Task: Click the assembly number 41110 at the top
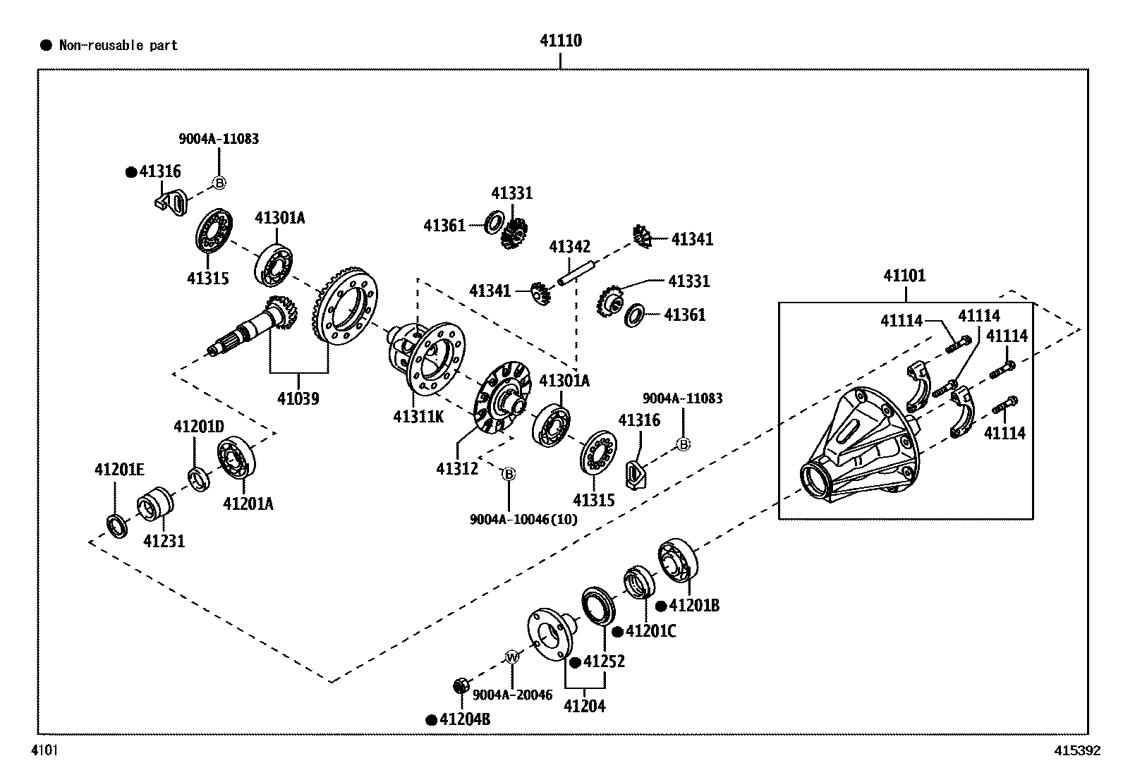(x=561, y=41)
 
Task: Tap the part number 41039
(x=298, y=398)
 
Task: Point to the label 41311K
(x=418, y=416)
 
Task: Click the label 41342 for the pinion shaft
(x=569, y=247)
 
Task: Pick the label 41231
(x=164, y=542)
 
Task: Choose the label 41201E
(x=119, y=470)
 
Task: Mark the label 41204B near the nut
(x=465, y=720)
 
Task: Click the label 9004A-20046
(x=512, y=695)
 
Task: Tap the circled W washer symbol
(x=512, y=657)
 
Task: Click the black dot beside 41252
(x=575, y=662)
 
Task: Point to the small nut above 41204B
(x=461, y=685)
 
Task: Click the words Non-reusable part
(x=118, y=46)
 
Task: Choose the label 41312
(x=456, y=468)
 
